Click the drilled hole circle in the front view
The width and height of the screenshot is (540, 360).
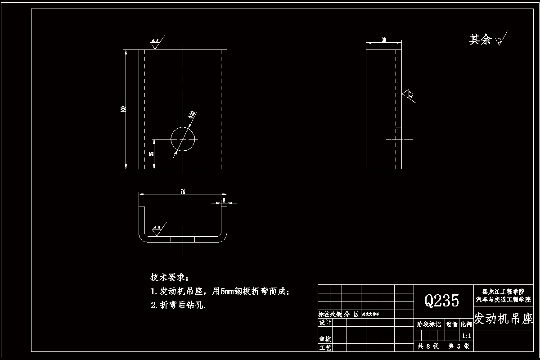coord(183,139)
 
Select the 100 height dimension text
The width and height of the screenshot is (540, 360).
coord(122,109)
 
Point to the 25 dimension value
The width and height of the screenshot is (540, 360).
coord(152,154)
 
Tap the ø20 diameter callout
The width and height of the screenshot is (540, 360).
coord(192,114)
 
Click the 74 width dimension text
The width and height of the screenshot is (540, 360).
coord(183,192)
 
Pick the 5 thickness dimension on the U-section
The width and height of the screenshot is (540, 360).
coord(224,200)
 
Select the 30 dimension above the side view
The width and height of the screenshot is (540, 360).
coord(384,40)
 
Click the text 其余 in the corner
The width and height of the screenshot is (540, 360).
coord(480,40)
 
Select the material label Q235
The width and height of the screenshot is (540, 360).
coord(442,300)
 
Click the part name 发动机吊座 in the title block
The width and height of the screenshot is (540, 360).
coord(503,319)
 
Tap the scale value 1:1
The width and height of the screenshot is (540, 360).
coord(467,336)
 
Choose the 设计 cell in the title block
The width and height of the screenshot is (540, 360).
coord(324,322)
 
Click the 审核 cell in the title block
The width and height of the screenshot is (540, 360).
coord(324,339)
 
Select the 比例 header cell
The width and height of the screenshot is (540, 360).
coord(466,324)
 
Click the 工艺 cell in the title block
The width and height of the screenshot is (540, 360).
coord(324,347)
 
